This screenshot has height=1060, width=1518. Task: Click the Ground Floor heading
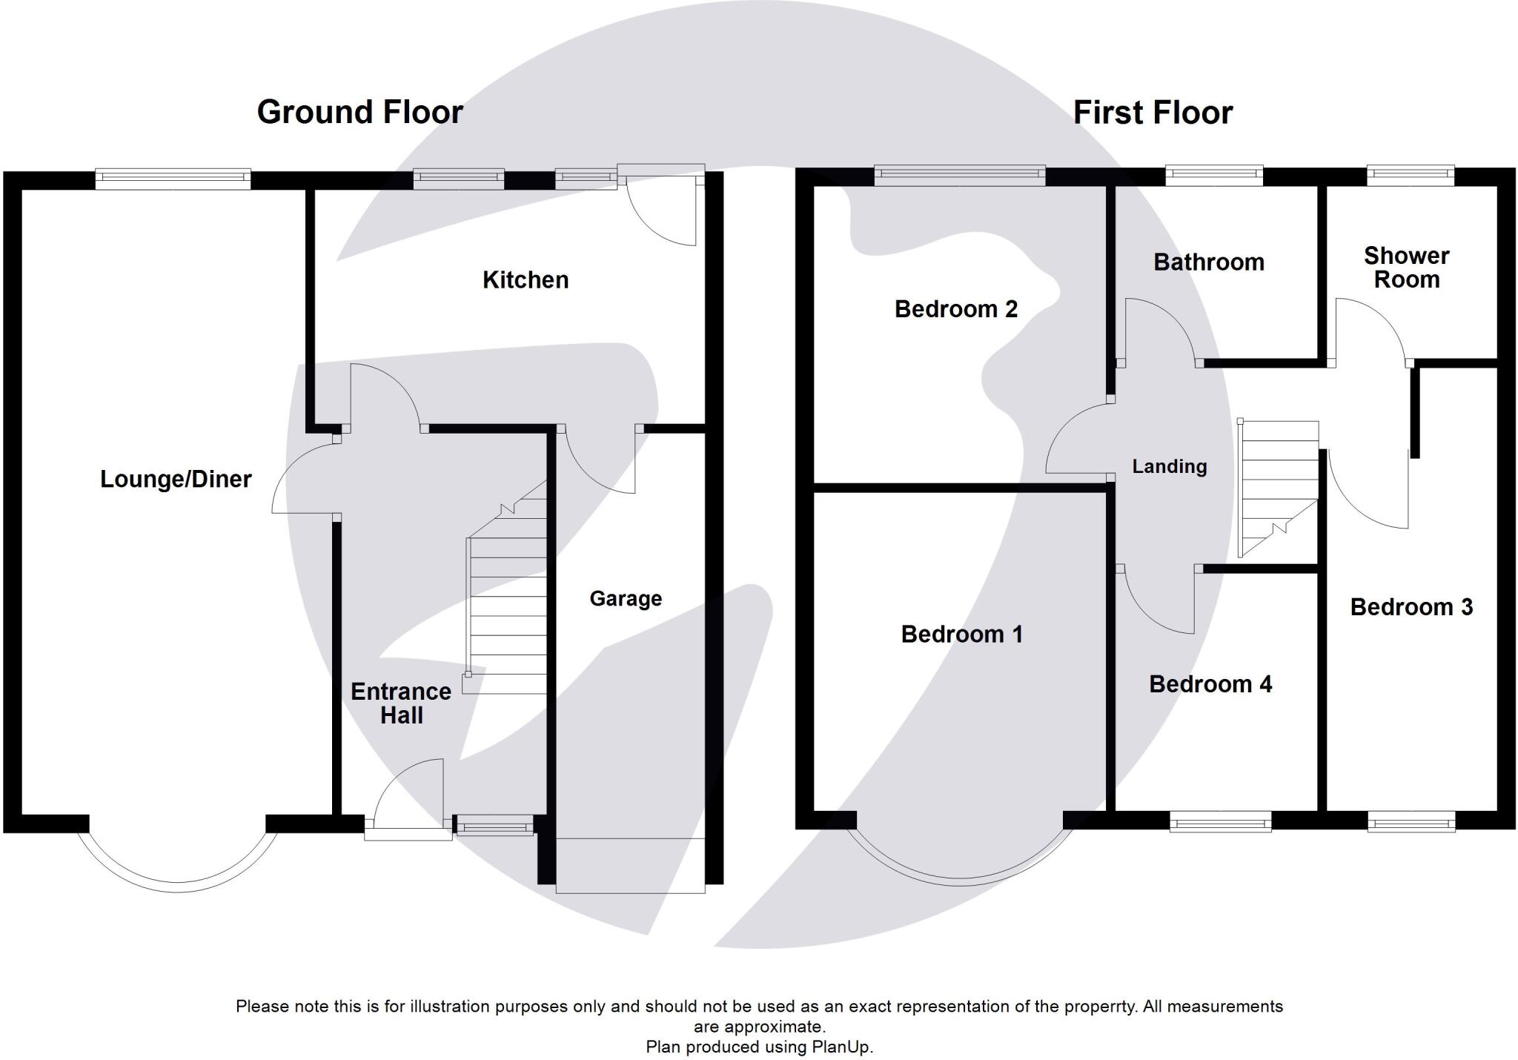[359, 113]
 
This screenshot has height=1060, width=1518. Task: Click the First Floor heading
[1153, 113]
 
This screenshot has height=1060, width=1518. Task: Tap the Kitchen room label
[526, 280]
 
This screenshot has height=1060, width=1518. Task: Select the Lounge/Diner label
[176, 480]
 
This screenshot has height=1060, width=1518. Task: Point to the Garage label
[626, 599]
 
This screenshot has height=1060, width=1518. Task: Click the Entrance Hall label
[401, 703]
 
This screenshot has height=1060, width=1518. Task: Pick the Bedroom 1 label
[961, 635]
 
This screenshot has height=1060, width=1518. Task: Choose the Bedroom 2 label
[956, 309]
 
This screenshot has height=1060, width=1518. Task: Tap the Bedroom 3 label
[1411, 608]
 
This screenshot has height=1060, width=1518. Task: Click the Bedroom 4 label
[1210, 684]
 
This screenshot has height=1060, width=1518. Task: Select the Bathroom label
[1209, 262]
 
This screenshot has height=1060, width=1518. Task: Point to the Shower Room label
[1406, 268]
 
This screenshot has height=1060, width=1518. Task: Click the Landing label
[1169, 467]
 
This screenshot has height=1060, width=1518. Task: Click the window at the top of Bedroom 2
[960, 176]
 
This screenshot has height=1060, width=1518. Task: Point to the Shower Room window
[1411, 176]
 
